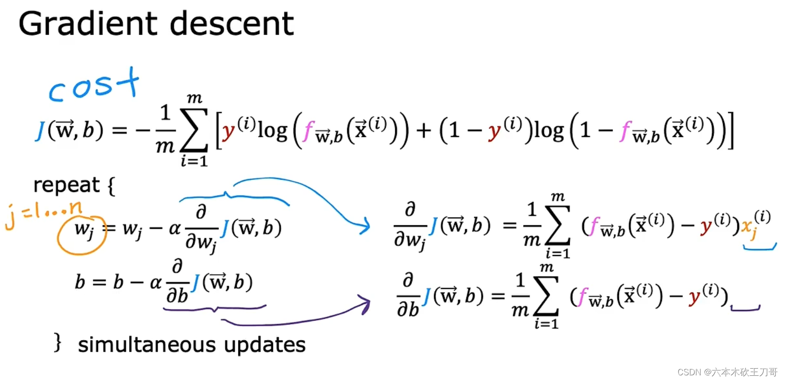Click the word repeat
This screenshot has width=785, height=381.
(66, 185)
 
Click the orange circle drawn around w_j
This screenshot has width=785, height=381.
(80, 236)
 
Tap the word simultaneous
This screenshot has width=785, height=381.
(146, 345)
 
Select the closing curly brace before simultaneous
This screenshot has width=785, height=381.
(58, 342)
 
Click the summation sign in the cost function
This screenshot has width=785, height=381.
(194, 130)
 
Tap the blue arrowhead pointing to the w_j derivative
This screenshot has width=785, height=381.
(365, 225)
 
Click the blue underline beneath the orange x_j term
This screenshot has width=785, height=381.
(759, 247)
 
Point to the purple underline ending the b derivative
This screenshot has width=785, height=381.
(745, 309)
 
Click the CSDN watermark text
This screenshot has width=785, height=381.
(727, 372)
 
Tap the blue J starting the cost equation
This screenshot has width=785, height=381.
(40, 130)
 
